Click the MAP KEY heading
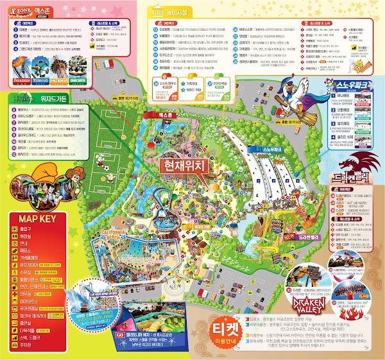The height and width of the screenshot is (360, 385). point(34,219)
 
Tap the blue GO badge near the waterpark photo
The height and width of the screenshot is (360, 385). point(120,334)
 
